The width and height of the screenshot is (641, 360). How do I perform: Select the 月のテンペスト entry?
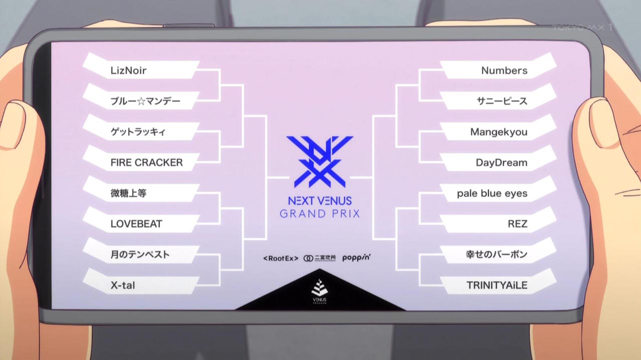pyautogui.click(x=140, y=254)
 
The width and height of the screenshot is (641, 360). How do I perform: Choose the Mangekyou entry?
pyautogui.click(x=498, y=132)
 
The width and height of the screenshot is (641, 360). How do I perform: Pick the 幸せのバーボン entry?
pyautogui.click(x=496, y=254)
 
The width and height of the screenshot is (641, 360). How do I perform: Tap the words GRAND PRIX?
pyautogui.click(x=320, y=214)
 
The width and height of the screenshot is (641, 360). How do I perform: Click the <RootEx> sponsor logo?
pyautogui.click(x=280, y=258)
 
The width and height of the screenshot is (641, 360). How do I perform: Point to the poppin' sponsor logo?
pyautogui.click(x=357, y=258)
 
